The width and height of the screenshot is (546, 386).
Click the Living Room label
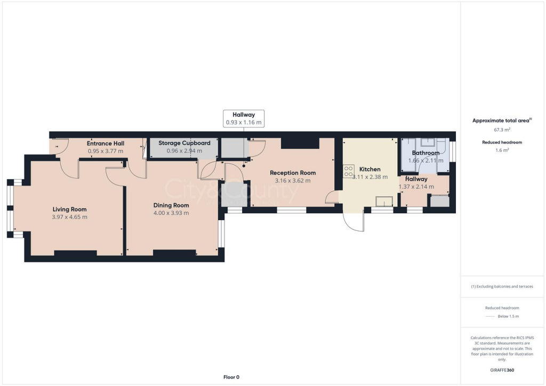(69, 209)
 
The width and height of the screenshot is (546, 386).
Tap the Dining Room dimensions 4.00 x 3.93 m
(171, 213)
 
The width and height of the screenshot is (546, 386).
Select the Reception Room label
(292, 173)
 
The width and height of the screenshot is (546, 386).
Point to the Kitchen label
(370, 169)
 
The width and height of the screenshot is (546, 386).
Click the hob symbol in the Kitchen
(349, 171)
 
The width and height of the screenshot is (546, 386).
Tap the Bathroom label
(425, 153)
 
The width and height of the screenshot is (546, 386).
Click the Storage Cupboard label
(184, 143)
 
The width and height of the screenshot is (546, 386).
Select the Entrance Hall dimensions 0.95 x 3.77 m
(106, 151)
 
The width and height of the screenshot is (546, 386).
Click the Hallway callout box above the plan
(243, 118)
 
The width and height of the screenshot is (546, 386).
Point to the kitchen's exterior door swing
(354, 222)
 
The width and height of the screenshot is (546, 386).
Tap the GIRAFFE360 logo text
(502, 370)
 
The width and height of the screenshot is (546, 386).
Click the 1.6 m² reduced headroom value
(502, 150)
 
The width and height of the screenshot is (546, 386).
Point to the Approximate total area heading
(502, 120)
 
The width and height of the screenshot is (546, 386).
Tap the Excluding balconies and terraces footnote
(502, 286)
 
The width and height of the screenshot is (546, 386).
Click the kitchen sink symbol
(384, 200)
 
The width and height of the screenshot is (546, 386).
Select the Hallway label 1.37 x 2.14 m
(416, 183)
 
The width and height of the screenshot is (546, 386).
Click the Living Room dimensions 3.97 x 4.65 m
(69, 217)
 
